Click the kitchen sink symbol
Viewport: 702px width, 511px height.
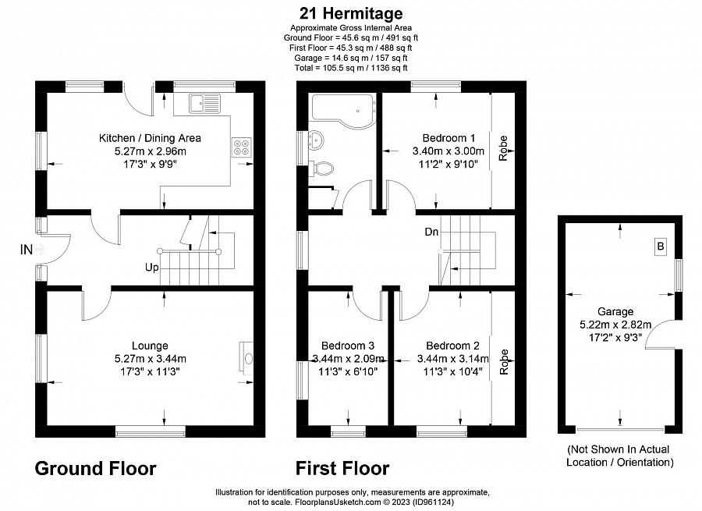coord(204,103)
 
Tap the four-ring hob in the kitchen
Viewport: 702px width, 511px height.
coord(241,147)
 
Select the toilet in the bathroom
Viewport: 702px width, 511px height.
coord(322,169)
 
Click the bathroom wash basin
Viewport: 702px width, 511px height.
coord(316,139)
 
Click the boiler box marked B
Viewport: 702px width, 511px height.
coord(660,247)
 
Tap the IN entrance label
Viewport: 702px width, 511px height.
coord(27,250)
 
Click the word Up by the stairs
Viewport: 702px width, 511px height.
coord(152,268)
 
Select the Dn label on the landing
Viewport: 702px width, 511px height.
coord(431,232)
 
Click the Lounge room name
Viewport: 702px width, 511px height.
coord(150,346)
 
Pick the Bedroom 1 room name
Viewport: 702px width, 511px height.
coord(448,138)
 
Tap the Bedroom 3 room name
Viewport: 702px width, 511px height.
coord(348,346)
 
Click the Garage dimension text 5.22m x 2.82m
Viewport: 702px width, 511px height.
coord(615,325)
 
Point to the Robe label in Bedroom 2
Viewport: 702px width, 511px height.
coord(504,362)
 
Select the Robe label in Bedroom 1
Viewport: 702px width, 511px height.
coord(503,148)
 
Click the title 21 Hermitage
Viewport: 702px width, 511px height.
coord(351,13)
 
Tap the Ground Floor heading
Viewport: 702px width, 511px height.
coord(95,468)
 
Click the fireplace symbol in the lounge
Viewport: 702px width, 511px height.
coord(246,358)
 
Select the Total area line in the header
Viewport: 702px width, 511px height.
coord(351,68)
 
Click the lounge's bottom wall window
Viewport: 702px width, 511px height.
coord(151,431)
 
